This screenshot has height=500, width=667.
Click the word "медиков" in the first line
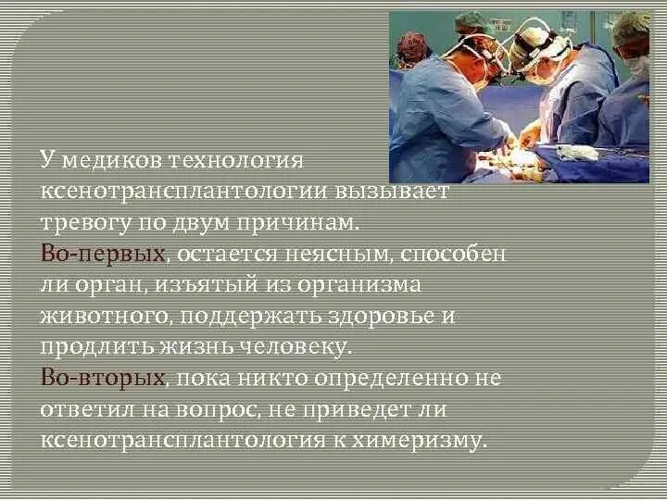pos(110,159)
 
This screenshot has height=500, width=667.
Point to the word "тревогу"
pos(85,222)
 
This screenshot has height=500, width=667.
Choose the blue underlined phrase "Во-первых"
pos(103,253)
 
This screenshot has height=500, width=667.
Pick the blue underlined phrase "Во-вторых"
pos(103,378)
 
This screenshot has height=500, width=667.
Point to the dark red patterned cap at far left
pos(414,44)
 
